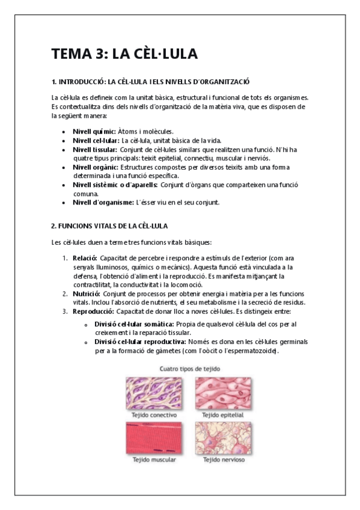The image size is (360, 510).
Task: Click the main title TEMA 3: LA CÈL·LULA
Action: point(124,54)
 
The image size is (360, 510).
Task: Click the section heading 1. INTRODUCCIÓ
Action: point(150,81)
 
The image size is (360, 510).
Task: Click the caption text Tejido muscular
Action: point(154,460)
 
